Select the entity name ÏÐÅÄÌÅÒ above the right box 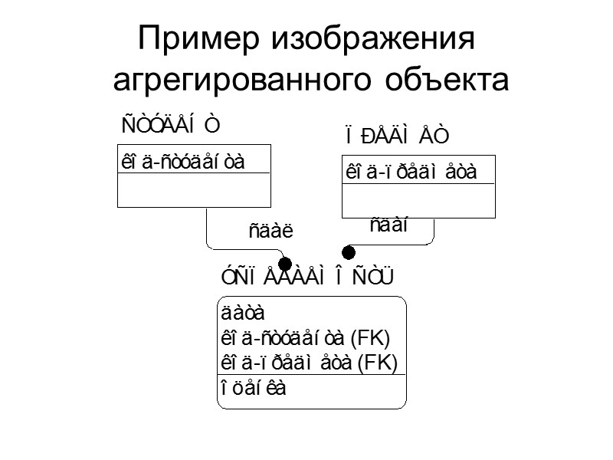(x=395, y=136)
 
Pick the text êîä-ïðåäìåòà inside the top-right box (x=411, y=172)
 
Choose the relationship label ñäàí (x=388, y=225)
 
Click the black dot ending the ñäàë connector (x=284, y=264)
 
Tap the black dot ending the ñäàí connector (x=349, y=251)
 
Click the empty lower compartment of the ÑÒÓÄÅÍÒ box (x=193, y=189)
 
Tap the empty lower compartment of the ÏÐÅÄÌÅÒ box (x=418, y=201)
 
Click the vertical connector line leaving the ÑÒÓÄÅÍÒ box (x=207, y=226)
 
